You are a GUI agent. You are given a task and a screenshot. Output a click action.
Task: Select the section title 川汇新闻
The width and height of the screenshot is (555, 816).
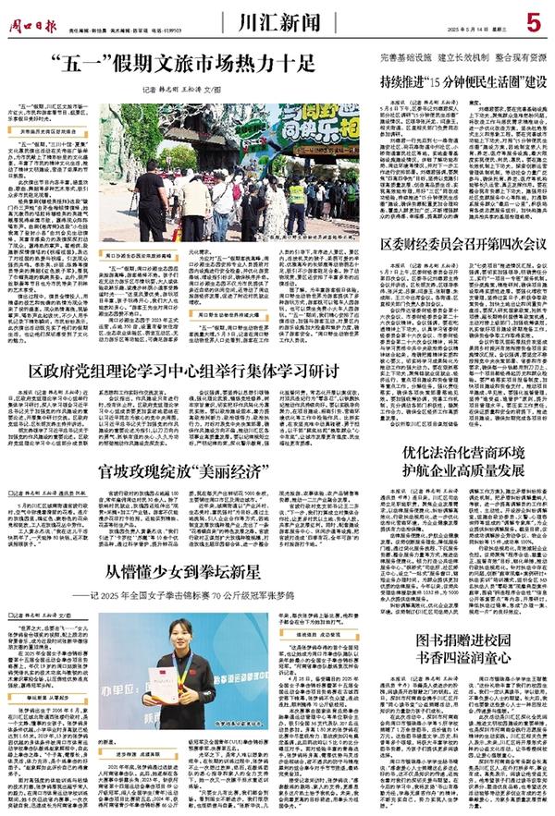pos(270,18)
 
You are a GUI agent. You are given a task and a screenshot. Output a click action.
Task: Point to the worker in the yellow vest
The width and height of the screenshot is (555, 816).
pos(296,200)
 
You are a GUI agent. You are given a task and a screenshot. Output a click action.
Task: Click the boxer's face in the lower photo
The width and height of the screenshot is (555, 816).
pos(180,637)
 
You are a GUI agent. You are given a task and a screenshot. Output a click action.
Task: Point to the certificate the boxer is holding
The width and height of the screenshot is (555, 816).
pos(164,685)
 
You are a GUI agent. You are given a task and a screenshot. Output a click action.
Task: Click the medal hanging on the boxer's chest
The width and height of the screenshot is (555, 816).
pos(180,688)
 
